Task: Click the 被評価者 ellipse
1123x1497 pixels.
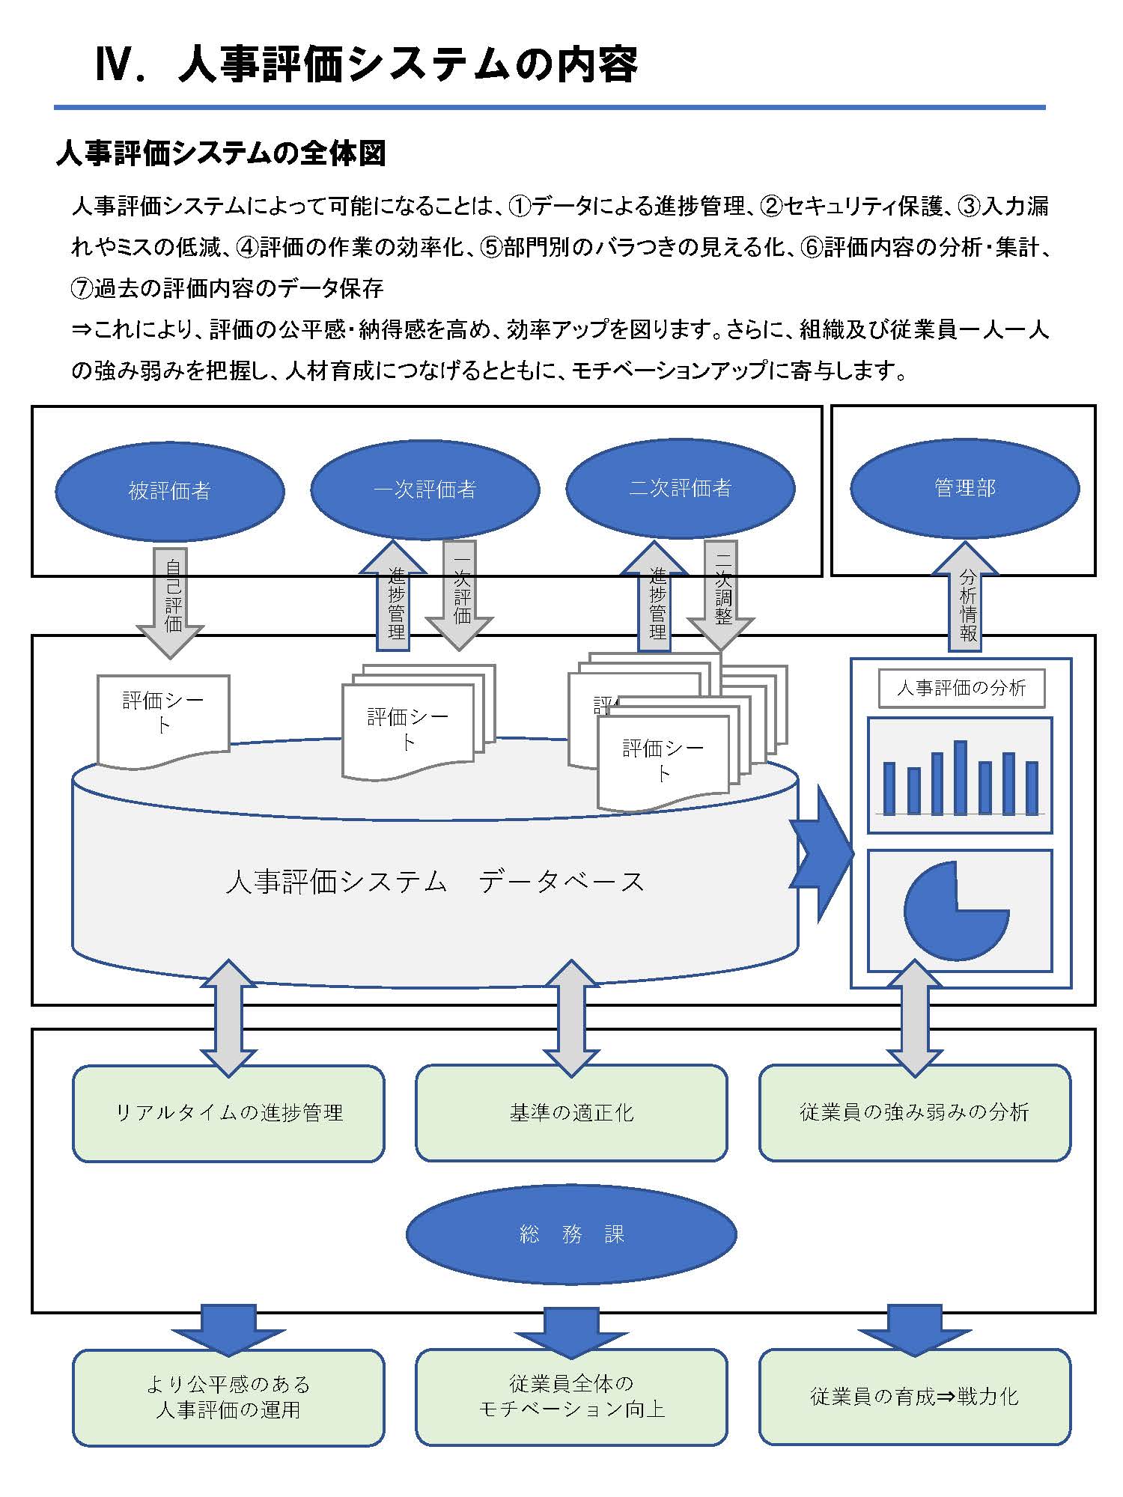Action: pos(170,490)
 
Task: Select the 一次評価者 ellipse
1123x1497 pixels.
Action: pos(424,489)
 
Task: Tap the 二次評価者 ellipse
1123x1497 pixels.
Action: pos(680,488)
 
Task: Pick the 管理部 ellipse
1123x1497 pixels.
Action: pos(964,488)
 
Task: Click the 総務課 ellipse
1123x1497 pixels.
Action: pos(571,1234)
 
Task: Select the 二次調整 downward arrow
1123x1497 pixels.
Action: pos(722,595)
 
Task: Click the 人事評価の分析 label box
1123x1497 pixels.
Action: pos(961,688)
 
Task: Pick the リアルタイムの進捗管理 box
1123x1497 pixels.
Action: pos(228,1113)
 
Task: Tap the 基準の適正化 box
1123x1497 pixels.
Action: pos(571,1113)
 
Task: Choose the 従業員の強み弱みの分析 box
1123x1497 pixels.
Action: pos(914,1113)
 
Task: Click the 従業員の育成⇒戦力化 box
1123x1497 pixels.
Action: pos(914,1397)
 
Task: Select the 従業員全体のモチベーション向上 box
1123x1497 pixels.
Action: pos(571,1397)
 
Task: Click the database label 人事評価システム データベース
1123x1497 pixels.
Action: pos(434,882)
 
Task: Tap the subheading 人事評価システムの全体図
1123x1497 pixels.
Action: pos(221,153)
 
